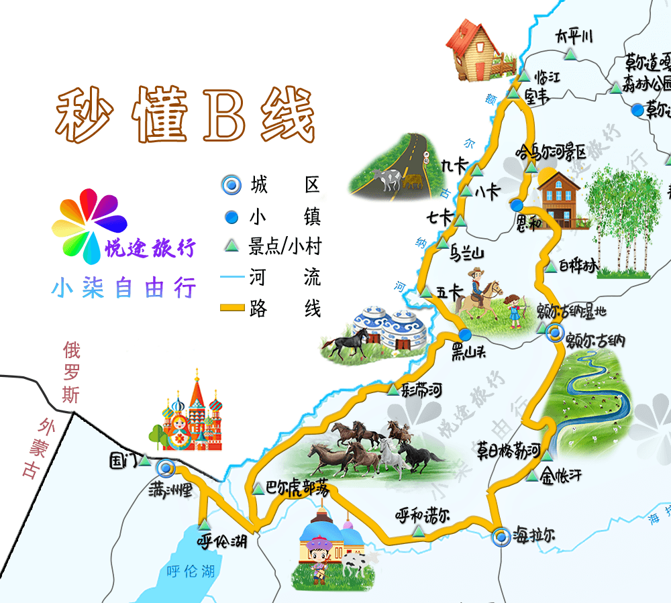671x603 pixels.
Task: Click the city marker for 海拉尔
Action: pos(500,537)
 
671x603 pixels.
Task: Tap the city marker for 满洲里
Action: pos(164,468)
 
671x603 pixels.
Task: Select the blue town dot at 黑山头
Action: pos(465,334)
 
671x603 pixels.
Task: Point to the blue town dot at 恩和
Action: pos(516,205)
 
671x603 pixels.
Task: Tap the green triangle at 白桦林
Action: pos(550,266)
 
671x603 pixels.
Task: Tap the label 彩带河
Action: pos(421,390)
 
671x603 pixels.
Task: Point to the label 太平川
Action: pos(574,36)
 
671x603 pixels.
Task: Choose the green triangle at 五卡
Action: pos(425,292)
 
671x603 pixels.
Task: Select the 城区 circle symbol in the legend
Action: pos(231,184)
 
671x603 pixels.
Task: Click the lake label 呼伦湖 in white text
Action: pos(191,571)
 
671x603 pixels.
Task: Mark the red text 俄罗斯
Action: pos(71,372)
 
